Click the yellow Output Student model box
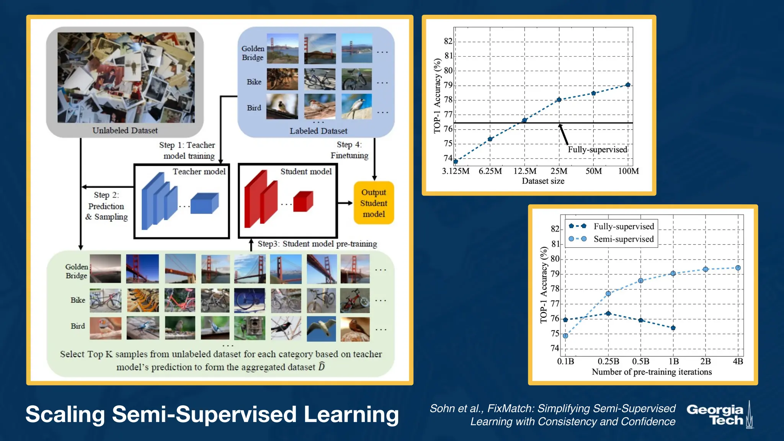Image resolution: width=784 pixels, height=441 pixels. coord(374,203)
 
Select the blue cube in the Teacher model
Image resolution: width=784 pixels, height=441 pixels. coord(204,203)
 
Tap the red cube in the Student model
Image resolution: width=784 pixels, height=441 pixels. coord(303,201)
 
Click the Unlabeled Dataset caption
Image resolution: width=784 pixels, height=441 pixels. coord(125,131)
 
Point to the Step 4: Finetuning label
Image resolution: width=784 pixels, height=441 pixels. coord(349,150)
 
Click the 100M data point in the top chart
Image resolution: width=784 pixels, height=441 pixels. coord(628,85)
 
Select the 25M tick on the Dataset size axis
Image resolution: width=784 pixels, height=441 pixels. coord(559,171)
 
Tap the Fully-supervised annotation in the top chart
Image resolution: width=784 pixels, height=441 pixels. coord(597,150)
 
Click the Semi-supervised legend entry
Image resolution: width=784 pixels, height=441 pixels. coord(623,239)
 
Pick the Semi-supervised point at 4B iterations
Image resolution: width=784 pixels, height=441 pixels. coord(738,268)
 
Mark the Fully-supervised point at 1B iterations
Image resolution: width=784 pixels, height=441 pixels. coord(673,328)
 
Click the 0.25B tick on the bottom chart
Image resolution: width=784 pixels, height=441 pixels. coord(608,361)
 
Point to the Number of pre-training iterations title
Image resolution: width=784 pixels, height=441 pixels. coord(652,372)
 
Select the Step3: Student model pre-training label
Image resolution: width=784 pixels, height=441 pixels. coord(317,244)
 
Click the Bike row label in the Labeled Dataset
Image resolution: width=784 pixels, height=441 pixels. coord(254,82)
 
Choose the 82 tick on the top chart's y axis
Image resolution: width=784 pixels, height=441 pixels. coord(448,41)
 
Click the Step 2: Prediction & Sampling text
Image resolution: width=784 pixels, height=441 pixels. coord(106,206)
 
